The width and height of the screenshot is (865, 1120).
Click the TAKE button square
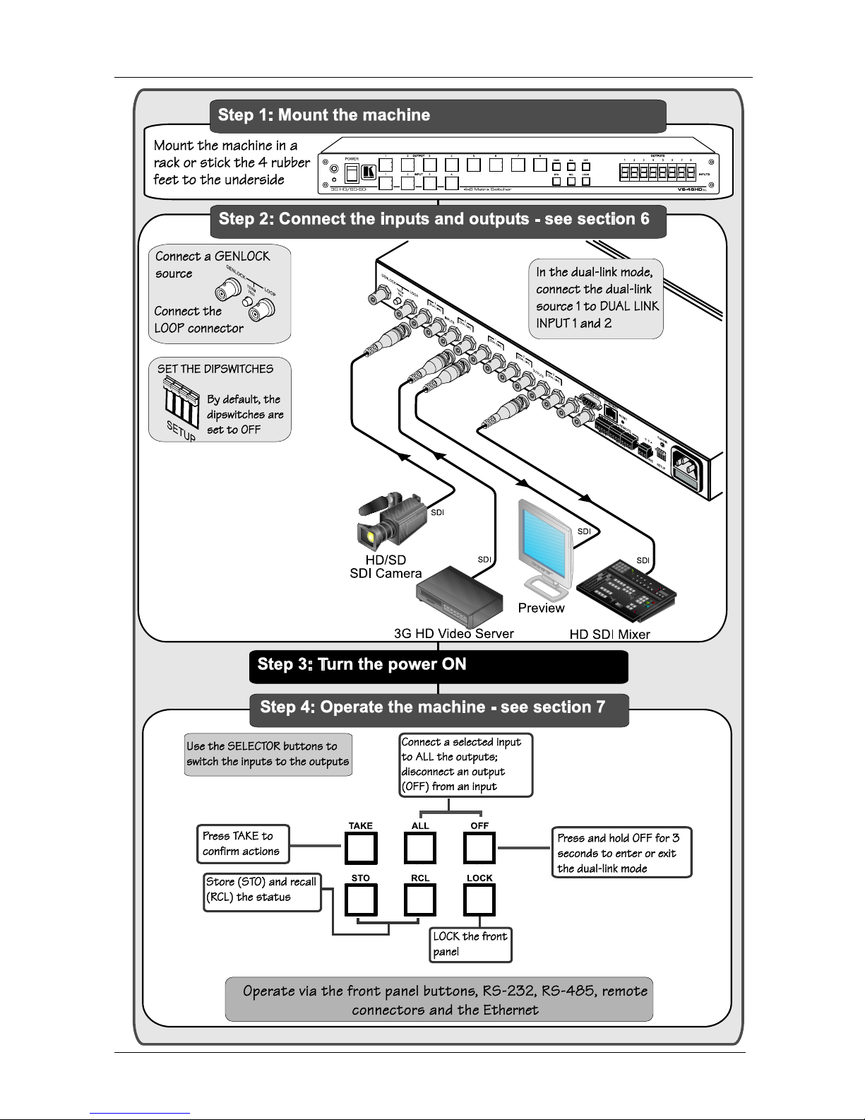[x=361, y=848]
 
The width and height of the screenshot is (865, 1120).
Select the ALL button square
[x=420, y=848]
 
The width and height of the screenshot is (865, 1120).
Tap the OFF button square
[x=479, y=848]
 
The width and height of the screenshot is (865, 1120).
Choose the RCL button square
[x=420, y=900]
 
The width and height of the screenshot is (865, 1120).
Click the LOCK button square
[x=479, y=900]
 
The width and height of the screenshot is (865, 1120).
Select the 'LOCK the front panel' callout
[x=471, y=945]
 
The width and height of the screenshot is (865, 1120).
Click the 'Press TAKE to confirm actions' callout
[x=244, y=844]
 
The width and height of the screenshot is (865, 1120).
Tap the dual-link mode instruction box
[x=596, y=299]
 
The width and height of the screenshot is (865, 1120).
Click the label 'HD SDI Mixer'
[x=610, y=635]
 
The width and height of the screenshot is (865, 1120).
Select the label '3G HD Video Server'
[x=454, y=634]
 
